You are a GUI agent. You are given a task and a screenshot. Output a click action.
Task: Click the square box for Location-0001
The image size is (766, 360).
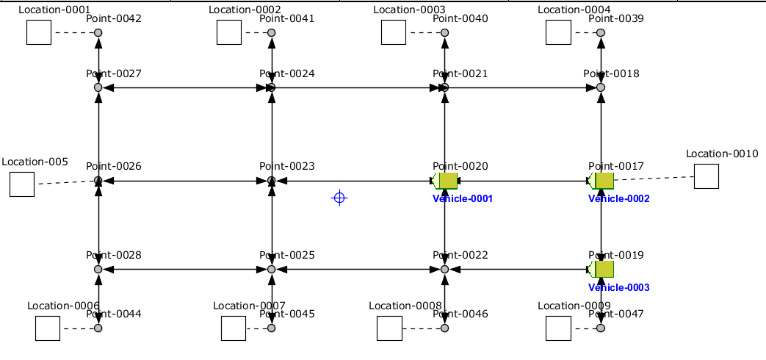point(39,32)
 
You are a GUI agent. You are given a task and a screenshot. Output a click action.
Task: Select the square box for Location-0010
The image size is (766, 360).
point(706,176)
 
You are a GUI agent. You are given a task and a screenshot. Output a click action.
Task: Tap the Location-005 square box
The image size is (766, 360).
point(22,184)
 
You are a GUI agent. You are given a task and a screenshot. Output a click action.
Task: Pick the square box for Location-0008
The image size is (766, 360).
point(389,328)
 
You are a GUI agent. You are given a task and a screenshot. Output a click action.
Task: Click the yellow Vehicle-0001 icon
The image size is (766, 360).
point(447,181)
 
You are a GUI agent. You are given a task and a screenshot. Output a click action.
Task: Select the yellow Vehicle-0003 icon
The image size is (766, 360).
point(603,270)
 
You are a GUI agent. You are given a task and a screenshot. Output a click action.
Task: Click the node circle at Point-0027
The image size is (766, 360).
point(98,87)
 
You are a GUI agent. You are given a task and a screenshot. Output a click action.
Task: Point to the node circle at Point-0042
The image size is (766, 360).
point(98,33)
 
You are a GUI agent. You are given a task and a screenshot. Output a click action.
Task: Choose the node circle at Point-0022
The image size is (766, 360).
point(445,270)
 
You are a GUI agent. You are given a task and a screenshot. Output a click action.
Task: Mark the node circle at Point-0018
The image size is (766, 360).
point(601,87)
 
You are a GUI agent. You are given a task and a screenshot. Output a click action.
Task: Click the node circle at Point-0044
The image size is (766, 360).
point(98,328)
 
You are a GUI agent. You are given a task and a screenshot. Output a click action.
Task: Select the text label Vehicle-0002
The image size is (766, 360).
point(618,199)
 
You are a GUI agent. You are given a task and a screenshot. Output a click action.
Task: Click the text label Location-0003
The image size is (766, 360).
point(409,10)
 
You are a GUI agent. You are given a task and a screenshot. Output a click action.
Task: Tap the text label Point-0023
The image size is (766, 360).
point(286,167)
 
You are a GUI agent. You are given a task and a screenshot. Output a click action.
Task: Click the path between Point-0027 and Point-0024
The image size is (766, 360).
point(184,87)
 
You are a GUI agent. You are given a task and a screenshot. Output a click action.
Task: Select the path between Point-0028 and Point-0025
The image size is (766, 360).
point(184,270)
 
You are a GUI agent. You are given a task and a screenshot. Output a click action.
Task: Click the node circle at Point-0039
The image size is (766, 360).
point(601,33)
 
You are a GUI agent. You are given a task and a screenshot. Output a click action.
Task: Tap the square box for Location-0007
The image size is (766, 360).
point(234,328)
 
